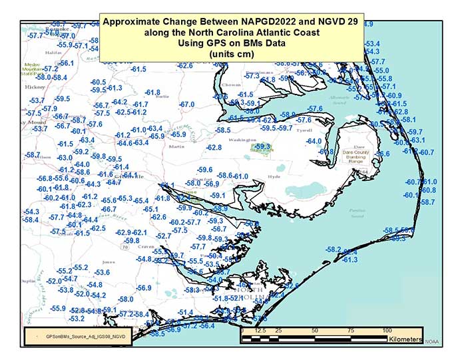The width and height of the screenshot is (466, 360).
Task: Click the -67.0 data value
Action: point(187,104)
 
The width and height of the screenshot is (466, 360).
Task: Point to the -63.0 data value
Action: point(64,158)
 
